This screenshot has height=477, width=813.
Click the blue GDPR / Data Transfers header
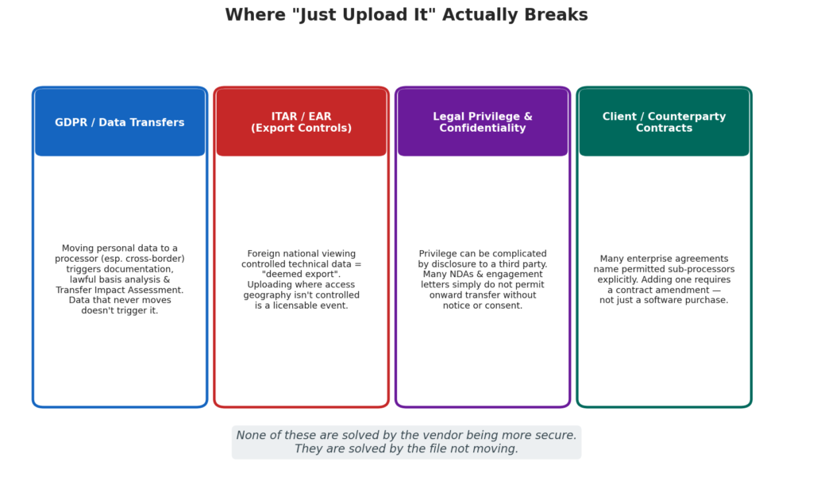tap(120, 122)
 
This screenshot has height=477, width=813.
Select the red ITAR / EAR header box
tap(301, 122)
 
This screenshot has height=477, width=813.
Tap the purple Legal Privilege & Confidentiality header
tap(483, 122)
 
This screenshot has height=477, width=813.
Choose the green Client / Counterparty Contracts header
tap(665, 122)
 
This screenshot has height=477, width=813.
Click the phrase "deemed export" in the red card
tap(301, 275)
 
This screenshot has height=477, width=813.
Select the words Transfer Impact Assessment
tap(120, 290)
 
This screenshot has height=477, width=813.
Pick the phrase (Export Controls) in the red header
tap(301, 128)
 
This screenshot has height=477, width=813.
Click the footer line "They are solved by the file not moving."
tap(406, 448)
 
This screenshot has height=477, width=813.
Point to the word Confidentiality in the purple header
tap(483, 128)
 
